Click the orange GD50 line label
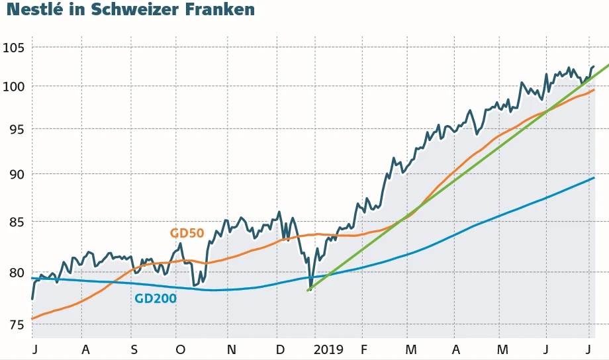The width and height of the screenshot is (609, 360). point(187,233)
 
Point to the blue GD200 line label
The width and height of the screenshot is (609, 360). point(156,298)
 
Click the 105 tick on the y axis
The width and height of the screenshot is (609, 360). point(13,48)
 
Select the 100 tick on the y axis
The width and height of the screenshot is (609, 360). point(13,87)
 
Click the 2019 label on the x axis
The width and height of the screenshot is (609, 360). point(328,349)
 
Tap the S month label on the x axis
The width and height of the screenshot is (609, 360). point(134,349)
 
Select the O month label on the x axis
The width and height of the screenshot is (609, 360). point(180,349)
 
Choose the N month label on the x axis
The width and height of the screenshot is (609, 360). point(231,349)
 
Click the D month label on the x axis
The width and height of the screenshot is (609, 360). point(280,349)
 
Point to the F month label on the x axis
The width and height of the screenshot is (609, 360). point(363,349)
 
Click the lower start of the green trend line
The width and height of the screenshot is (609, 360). point(308,291)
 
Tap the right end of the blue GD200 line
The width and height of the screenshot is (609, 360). point(594,178)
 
